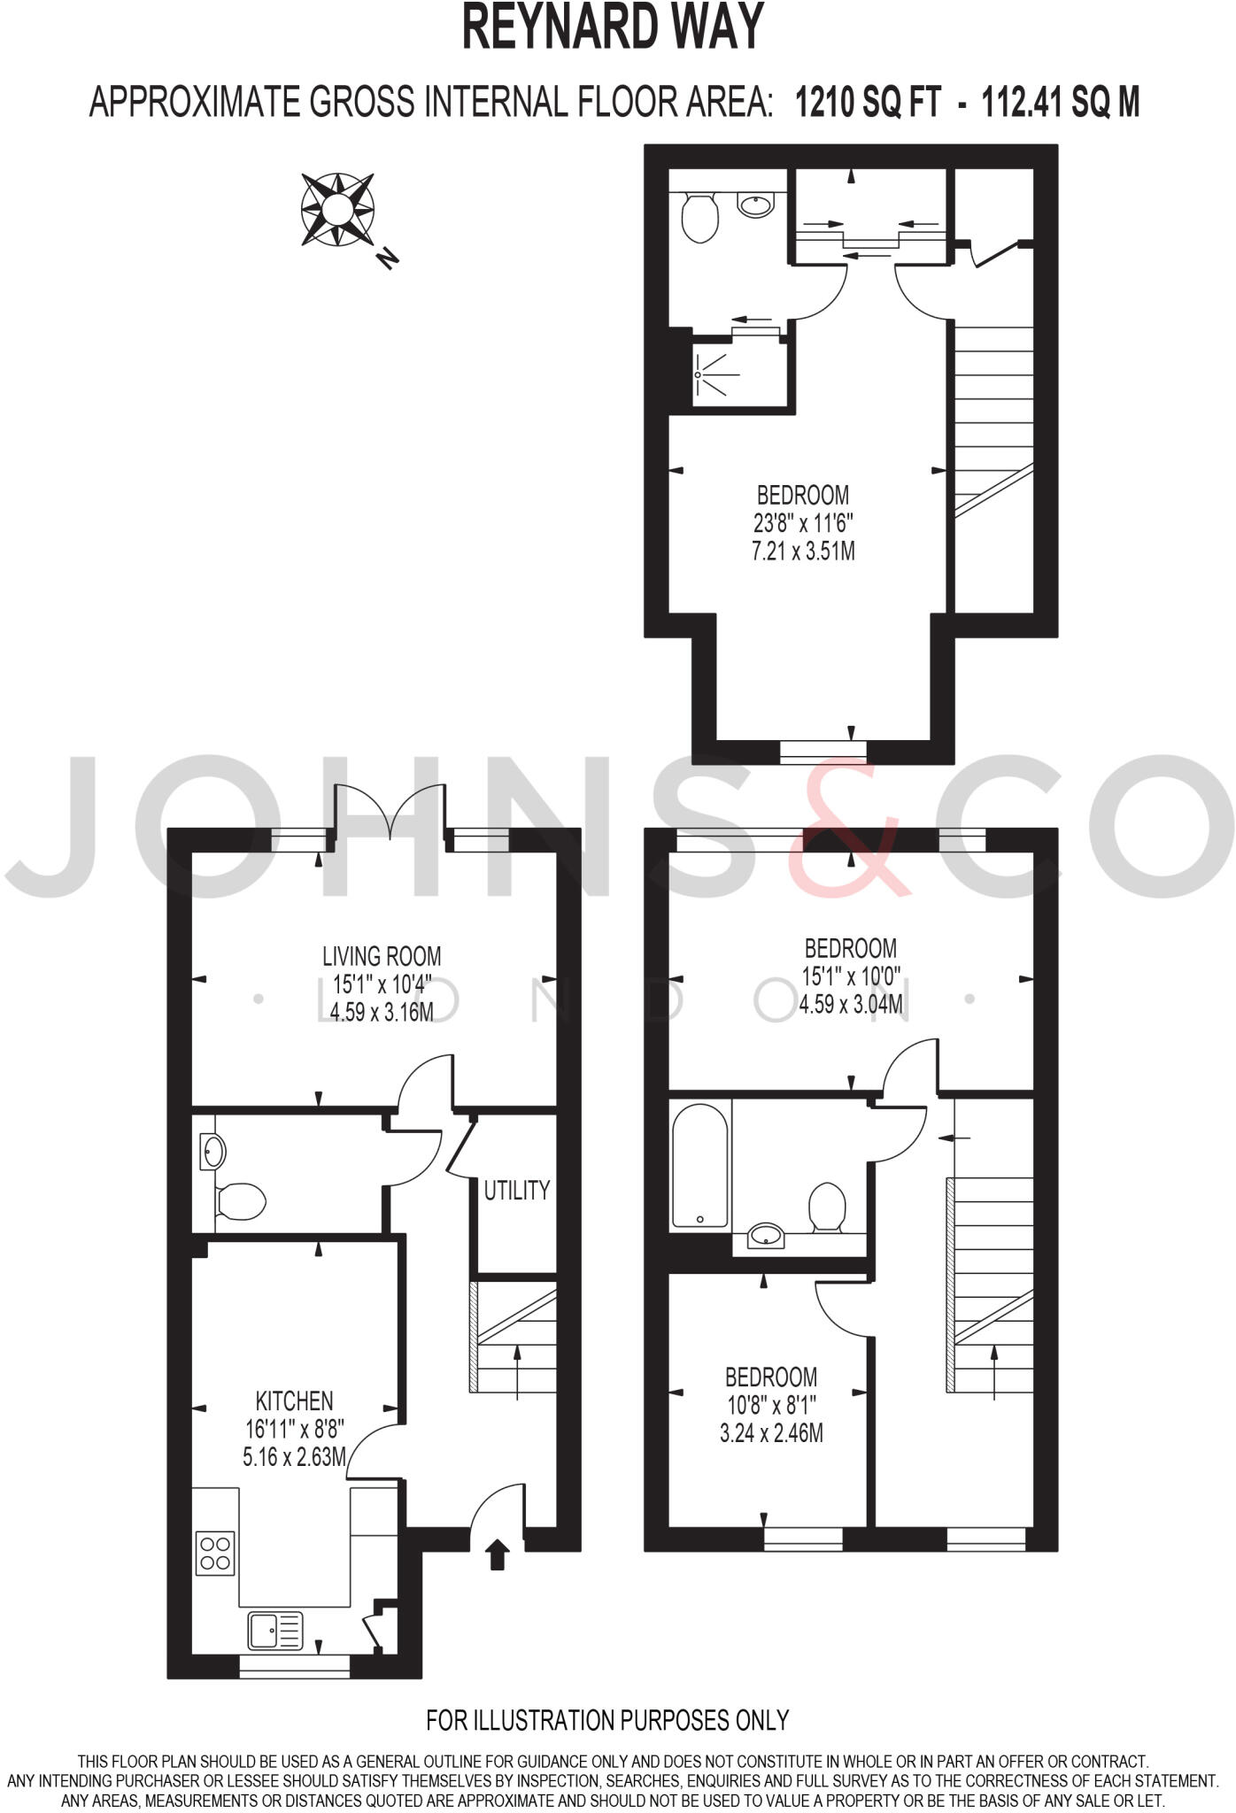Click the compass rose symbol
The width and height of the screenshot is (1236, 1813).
pos(337,210)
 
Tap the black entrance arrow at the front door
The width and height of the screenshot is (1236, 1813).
pos(498,1554)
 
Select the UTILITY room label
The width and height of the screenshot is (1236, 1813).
pos(517,1191)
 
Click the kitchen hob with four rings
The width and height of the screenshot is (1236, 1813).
pos(216,1552)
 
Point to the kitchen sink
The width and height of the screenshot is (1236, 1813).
pos(275,1631)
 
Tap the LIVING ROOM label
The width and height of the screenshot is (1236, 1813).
pos(382,956)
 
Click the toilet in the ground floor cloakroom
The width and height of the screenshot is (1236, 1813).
pos(242,1201)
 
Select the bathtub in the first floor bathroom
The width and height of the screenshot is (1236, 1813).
pos(700,1165)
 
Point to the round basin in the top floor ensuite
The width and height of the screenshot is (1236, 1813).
pos(755,205)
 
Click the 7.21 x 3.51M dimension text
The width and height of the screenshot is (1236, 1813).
pos(803,552)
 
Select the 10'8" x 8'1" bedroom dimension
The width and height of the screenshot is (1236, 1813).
pos(770,1405)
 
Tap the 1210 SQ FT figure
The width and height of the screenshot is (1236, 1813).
pos(868,103)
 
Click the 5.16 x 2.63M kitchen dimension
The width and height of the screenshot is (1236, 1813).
pos(294,1456)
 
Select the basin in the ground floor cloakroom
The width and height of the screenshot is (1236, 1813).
pos(213,1152)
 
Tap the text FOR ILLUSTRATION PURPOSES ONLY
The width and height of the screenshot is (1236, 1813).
pos(607,1720)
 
